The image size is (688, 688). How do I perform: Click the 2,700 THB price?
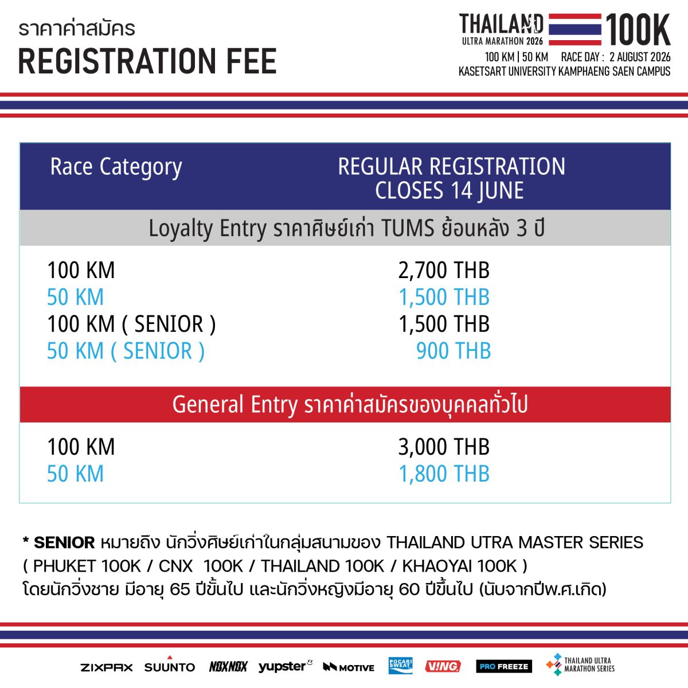[x=444, y=270]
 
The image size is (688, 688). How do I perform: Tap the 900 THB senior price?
[x=454, y=351]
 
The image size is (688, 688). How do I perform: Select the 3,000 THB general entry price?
[x=444, y=447]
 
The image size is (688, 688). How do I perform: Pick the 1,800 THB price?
[x=444, y=474]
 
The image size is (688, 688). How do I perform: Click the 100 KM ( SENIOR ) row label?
[x=131, y=324]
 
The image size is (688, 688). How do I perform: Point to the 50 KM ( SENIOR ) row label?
[x=126, y=351]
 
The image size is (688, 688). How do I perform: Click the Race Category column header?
[x=116, y=167]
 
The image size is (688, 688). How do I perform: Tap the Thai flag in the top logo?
[x=575, y=29]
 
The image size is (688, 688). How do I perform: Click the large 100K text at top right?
[x=638, y=29]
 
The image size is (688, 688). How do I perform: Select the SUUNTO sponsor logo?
[x=170, y=665]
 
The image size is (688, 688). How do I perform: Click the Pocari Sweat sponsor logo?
[x=400, y=666]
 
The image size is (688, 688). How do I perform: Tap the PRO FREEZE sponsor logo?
[x=504, y=666]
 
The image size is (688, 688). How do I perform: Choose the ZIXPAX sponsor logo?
[x=107, y=667]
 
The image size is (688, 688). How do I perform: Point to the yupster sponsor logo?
[x=285, y=666]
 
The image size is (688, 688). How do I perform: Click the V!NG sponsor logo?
[x=443, y=666]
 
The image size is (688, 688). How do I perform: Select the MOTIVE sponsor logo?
[x=349, y=667]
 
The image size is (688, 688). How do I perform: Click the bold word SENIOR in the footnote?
[x=64, y=543]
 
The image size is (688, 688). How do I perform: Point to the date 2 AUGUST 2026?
[x=640, y=57]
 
